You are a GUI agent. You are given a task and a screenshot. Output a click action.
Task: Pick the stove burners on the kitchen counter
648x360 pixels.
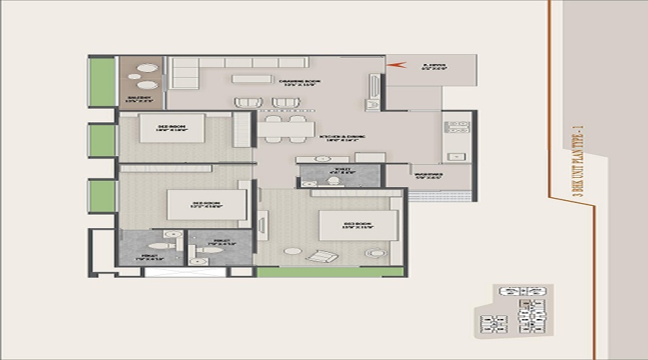[457, 127]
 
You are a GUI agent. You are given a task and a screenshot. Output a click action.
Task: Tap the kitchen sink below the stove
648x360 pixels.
[456, 156]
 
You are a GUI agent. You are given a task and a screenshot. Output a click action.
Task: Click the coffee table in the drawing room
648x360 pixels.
[251, 78]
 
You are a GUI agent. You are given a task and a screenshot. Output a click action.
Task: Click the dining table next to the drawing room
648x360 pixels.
[285, 129]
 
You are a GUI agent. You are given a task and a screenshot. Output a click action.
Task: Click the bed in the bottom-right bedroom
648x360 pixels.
[358, 225]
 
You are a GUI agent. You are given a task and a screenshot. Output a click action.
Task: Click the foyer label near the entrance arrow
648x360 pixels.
[434, 68]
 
